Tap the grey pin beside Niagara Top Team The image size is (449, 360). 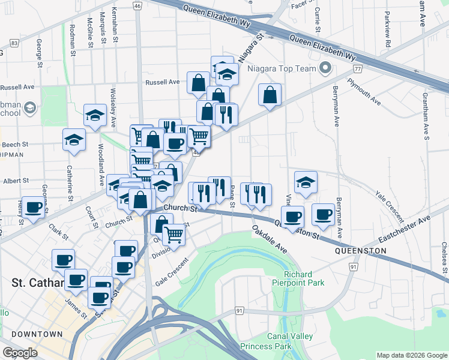(326, 68)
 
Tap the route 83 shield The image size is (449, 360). (14, 43)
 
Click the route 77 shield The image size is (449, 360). (358, 70)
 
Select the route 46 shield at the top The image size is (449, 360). (137, 5)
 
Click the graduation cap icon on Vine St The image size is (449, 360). (306, 182)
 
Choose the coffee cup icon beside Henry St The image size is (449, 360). (34, 208)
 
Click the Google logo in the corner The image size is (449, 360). (20, 353)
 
